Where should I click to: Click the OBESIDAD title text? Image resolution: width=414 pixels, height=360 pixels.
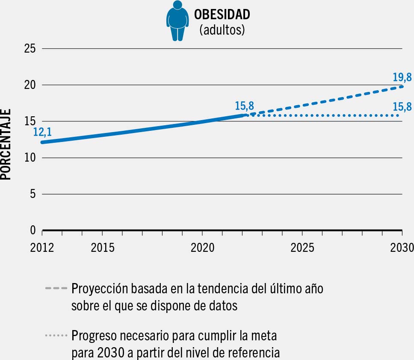222,15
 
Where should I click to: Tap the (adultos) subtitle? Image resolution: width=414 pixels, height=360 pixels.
222,31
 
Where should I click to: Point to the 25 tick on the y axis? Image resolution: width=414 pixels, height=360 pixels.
30,49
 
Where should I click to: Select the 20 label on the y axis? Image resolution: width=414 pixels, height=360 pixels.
30,85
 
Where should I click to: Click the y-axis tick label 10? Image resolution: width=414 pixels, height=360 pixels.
30,158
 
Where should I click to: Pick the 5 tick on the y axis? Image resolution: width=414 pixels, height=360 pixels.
33,194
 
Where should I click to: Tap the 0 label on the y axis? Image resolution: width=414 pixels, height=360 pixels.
33,230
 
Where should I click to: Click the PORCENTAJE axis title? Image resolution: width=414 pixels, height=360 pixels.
6,144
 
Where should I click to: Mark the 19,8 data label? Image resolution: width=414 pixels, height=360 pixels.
402,77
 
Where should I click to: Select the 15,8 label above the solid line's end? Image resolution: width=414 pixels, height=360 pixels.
244,106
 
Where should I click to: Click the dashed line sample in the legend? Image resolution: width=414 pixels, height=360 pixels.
56,289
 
